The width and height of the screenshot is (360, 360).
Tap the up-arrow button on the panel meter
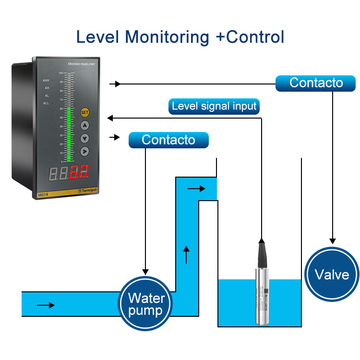pyautogui.click(x=85, y=126)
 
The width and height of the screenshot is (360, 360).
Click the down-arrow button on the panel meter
pyautogui.click(x=85, y=139)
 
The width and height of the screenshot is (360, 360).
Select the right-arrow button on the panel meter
pyautogui.click(x=85, y=152)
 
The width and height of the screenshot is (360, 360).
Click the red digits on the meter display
pyautogui.click(x=80, y=172)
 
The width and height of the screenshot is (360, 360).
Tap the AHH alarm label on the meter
pyautogui.click(x=46, y=81)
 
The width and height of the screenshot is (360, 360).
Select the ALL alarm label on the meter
pyautogui.click(x=46, y=103)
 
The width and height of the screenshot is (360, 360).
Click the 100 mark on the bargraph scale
pyautogui.click(x=61, y=73)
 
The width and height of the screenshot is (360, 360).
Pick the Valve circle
pyautogui.click(x=332, y=274)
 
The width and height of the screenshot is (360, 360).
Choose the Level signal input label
pyautogui.click(x=214, y=106)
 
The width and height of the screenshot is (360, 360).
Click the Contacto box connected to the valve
pyautogui.click(x=316, y=83)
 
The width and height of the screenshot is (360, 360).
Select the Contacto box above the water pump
pyautogui.click(x=168, y=140)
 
